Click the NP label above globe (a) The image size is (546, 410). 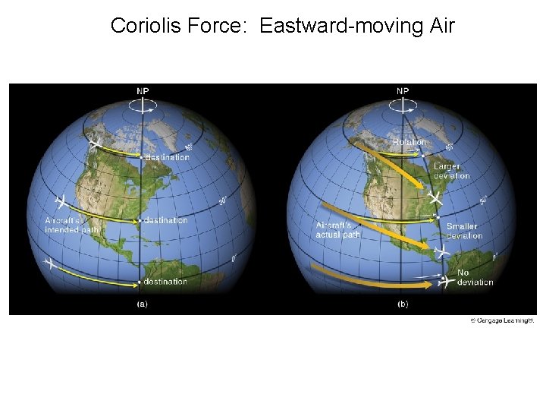pos(143,91)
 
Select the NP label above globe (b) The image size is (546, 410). pos(403,91)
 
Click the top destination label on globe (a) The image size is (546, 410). pos(166,157)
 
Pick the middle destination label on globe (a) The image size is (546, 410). pos(165,220)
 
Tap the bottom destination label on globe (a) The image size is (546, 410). pos(165,282)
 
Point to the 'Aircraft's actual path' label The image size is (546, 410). pos(338,229)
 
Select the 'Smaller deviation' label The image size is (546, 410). pos(463,231)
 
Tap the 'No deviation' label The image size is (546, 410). pos(475,277)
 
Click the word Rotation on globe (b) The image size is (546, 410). pos(409,142)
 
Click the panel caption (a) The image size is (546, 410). pos(142,304)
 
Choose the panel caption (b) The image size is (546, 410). pos(403,304)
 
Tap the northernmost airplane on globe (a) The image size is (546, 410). pos(96,144)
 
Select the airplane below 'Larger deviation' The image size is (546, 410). pos(435,198)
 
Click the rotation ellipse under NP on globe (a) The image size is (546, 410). pos(143,109)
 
